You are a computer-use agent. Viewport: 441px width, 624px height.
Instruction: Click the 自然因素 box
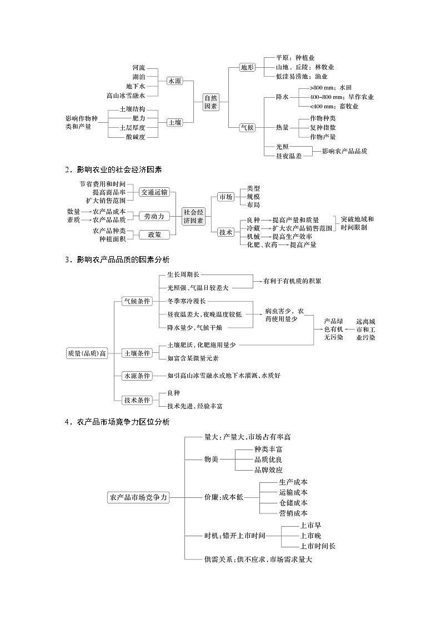point(211,101)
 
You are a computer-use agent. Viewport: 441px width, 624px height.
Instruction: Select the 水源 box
point(175,81)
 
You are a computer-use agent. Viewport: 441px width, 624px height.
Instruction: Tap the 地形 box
point(247,67)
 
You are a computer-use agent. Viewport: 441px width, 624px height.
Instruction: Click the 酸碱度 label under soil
point(135,137)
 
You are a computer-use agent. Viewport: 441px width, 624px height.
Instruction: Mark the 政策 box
point(154,234)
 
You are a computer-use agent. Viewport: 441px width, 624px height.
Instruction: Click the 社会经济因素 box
point(193,216)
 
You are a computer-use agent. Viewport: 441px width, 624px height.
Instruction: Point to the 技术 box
point(225,232)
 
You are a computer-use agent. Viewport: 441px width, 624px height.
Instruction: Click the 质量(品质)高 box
point(87,353)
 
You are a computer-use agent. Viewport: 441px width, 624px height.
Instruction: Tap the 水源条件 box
point(137,376)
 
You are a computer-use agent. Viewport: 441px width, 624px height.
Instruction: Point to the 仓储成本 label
point(293,502)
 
